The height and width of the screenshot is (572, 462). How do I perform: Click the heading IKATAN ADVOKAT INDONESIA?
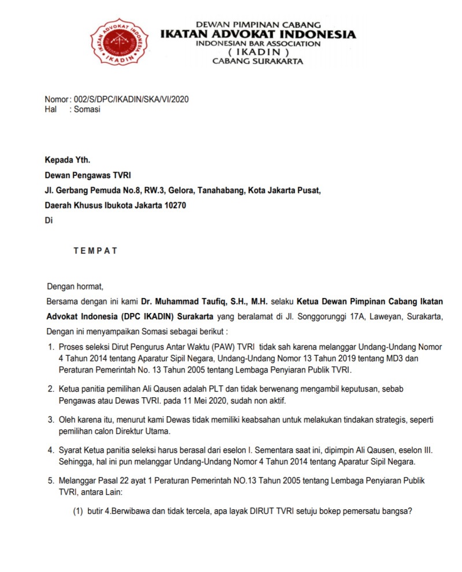click(258, 35)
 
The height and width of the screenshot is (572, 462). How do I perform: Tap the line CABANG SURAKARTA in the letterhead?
click(258, 61)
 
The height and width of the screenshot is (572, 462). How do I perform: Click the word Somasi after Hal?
click(87, 109)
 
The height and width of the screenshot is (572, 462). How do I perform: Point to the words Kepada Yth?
click(68, 160)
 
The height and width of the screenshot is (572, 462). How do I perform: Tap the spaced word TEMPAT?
click(95, 251)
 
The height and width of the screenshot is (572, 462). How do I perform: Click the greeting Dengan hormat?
click(75, 286)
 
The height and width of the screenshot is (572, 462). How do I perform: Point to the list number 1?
click(51, 347)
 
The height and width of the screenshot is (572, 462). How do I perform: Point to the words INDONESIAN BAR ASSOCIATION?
click(258, 44)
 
